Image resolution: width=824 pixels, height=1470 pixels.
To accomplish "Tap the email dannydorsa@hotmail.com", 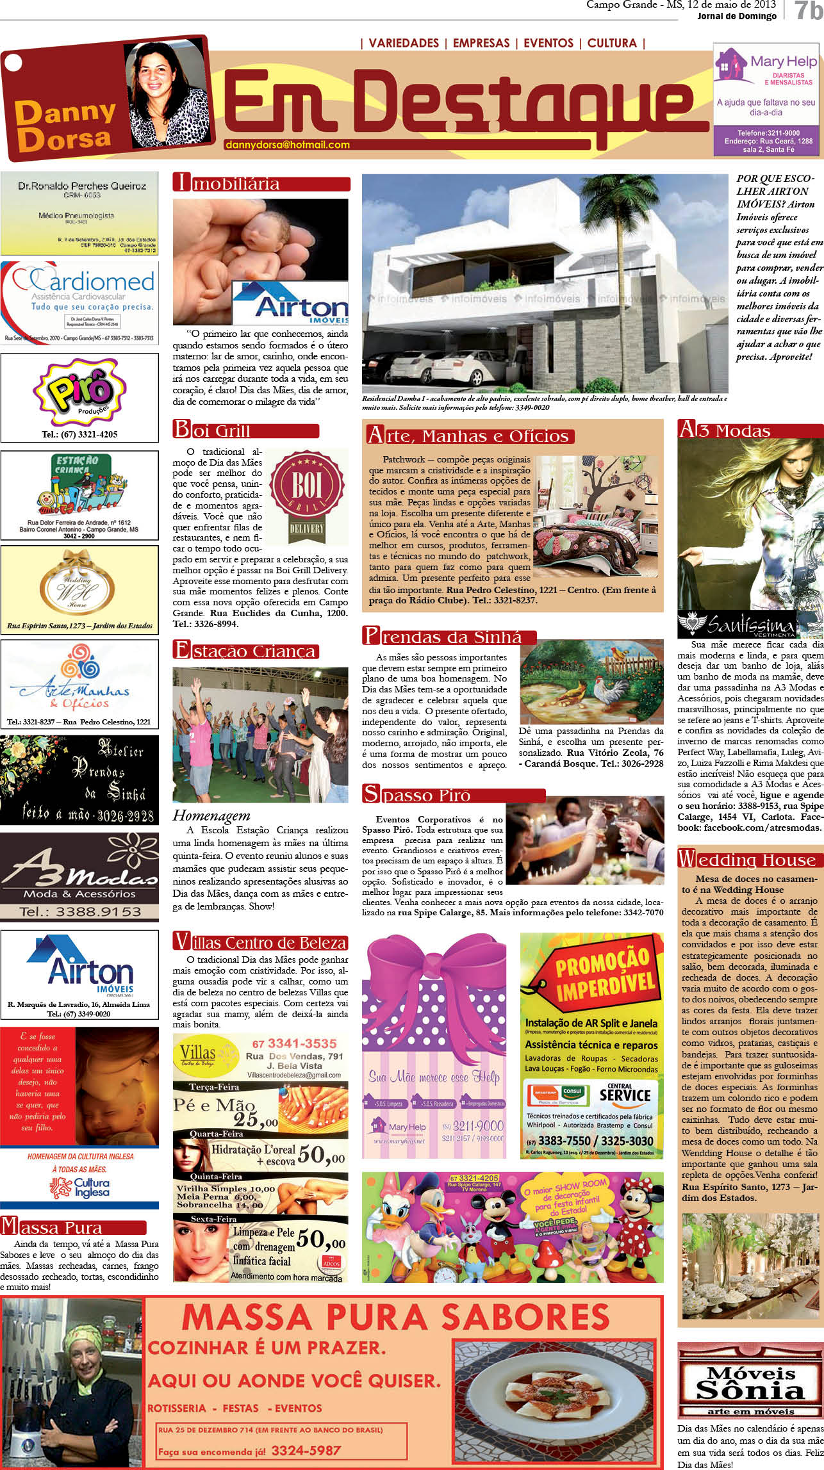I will click(287, 145).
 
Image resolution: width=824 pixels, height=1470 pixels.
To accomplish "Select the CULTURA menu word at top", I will click(612, 43).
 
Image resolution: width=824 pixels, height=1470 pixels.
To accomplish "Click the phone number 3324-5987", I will click(306, 1450).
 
